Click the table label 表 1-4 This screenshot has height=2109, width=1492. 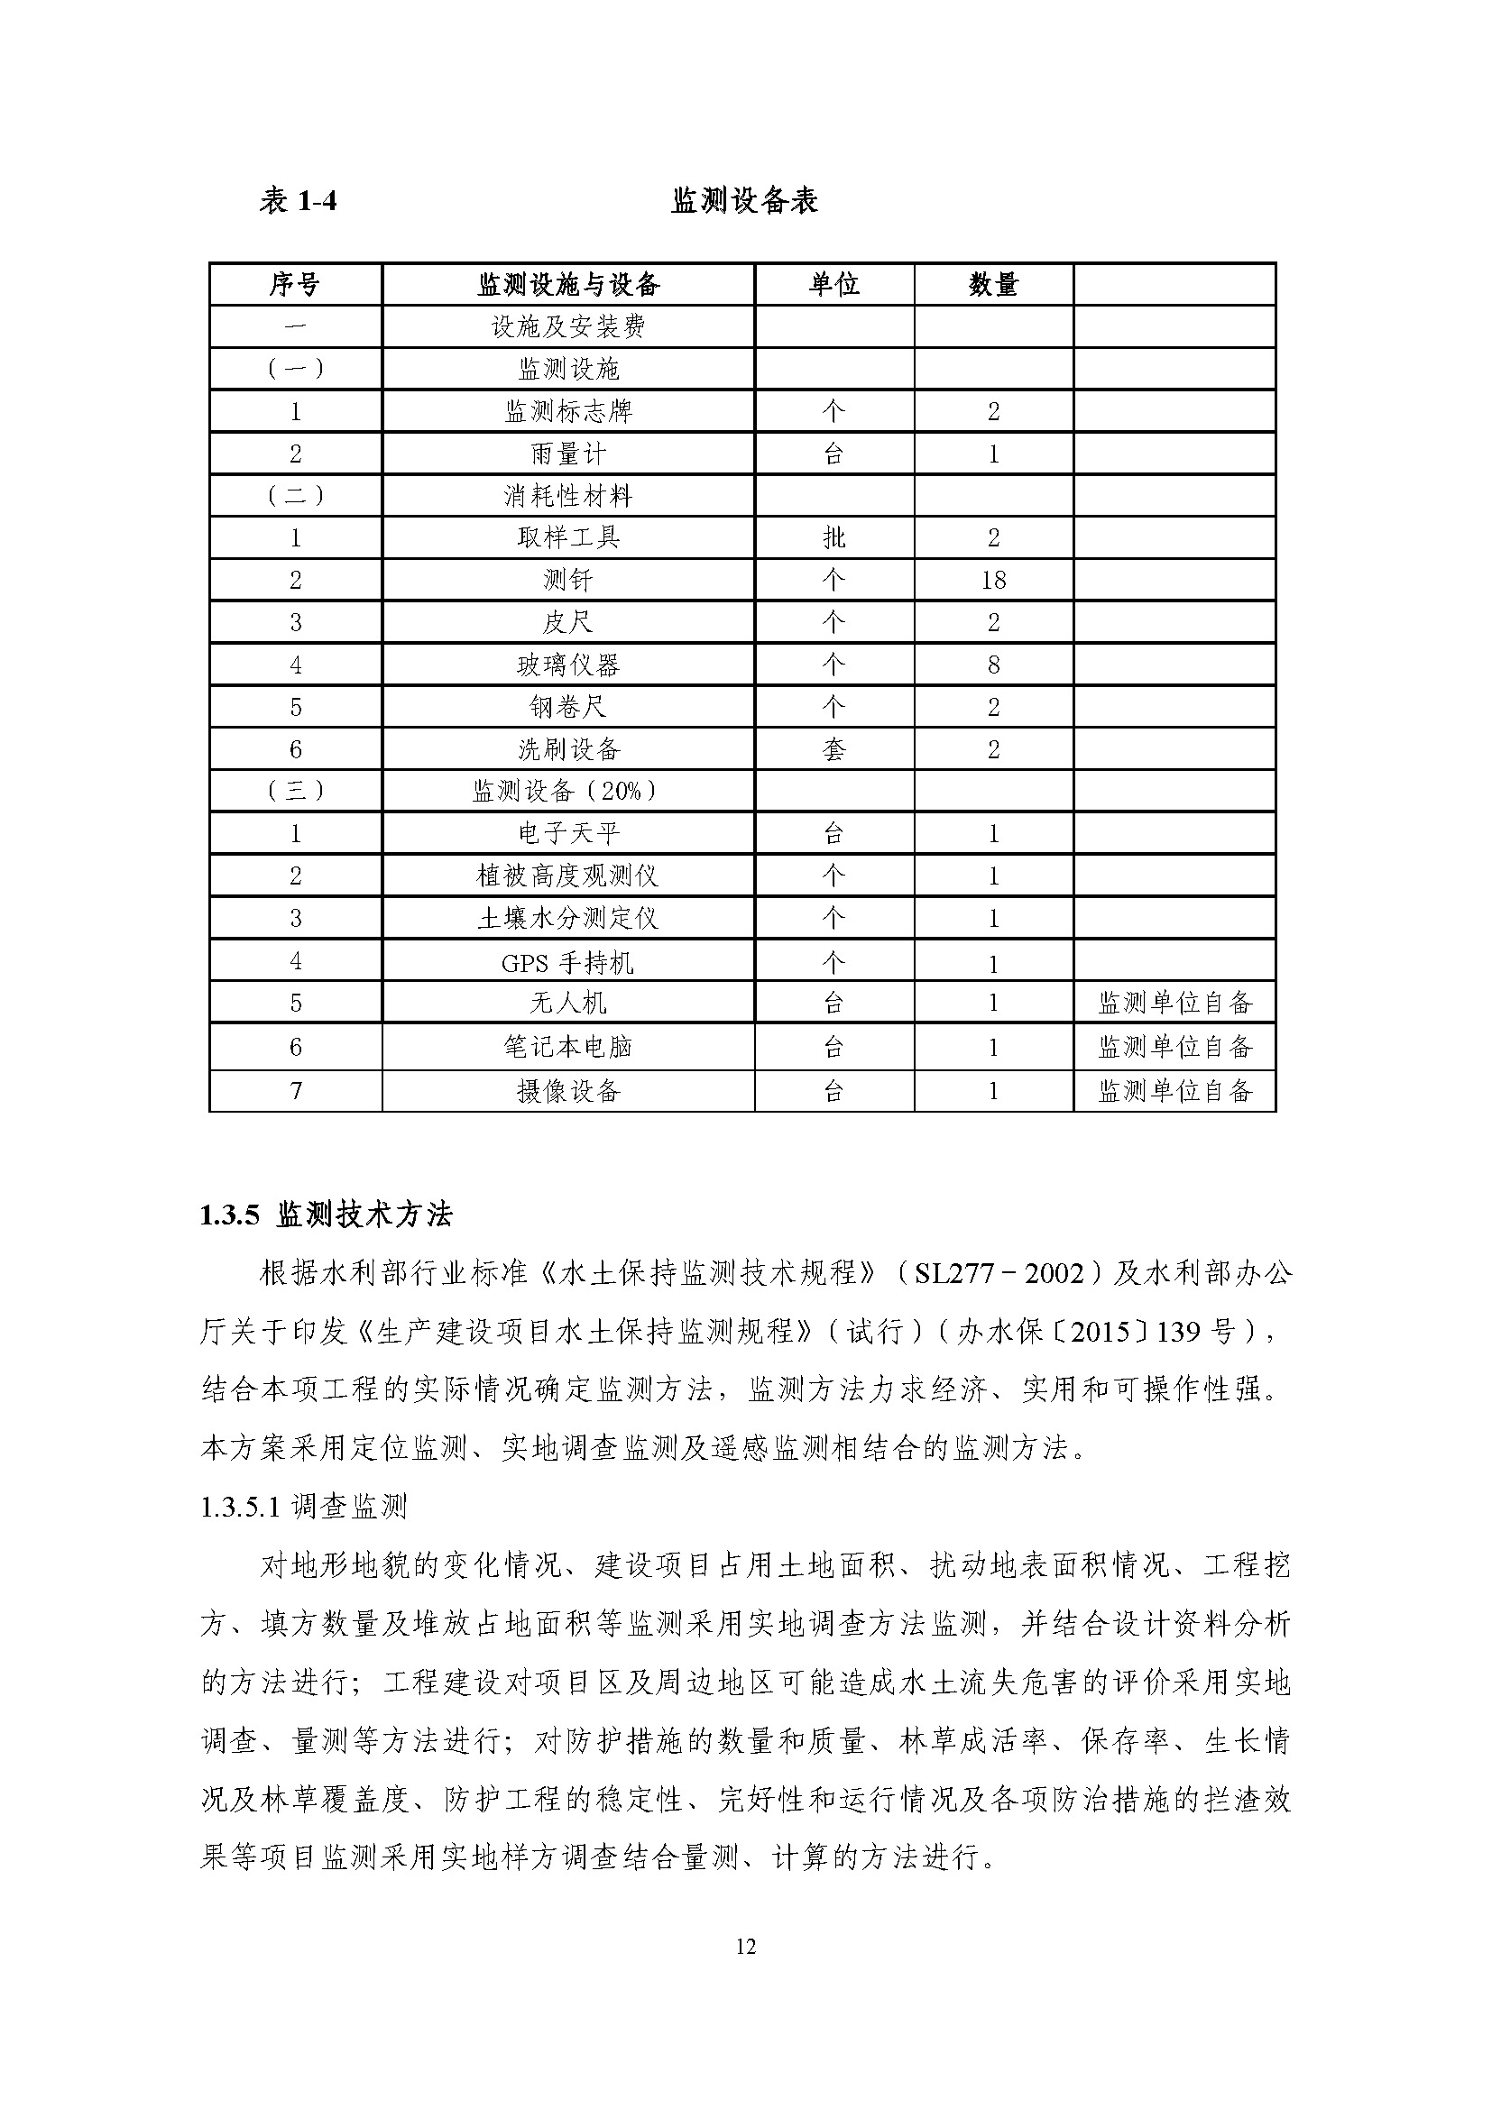[x=298, y=200]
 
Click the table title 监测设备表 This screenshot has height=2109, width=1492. [x=744, y=200]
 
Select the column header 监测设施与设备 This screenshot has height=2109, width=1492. [x=567, y=285]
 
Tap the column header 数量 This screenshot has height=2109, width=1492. [x=993, y=285]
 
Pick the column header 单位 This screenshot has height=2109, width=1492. [x=833, y=285]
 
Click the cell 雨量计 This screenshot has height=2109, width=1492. [x=567, y=454]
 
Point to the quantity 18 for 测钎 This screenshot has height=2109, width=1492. [x=993, y=581]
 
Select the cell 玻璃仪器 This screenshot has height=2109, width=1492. [x=567, y=665]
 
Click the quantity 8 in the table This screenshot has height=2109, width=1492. [x=993, y=665]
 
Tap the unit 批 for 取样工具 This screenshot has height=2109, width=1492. [x=833, y=538]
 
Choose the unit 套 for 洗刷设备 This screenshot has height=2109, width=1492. [x=833, y=749]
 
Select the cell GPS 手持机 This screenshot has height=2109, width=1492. [x=567, y=963]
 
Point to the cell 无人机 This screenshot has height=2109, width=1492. [x=567, y=1003]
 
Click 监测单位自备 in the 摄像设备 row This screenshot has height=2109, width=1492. [x=1175, y=1091]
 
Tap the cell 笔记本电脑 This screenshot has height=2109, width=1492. [x=567, y=1047]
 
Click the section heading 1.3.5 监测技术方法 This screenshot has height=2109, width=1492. [x=327, y=1215]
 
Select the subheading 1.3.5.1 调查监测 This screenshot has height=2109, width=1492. [x=303, y=1507]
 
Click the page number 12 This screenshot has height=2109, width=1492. [x=745, y=1947]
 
